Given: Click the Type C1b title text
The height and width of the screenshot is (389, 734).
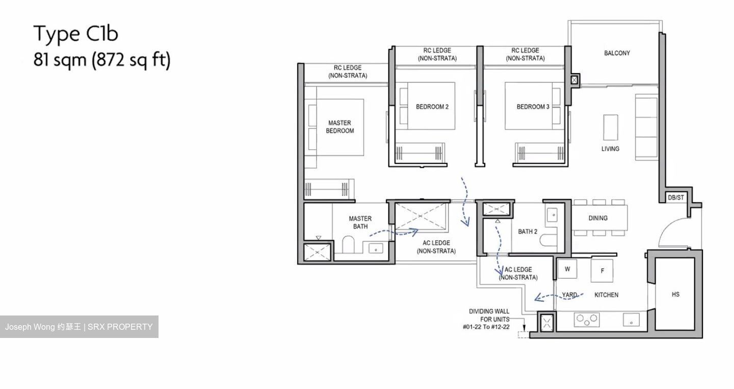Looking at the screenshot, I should coord(76,34).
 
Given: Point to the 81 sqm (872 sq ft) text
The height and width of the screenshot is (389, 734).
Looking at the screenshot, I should coord(101,60).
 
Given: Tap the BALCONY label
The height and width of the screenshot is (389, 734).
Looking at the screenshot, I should coord(617,53).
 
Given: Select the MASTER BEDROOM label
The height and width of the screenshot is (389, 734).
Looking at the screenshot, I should coord(339,127).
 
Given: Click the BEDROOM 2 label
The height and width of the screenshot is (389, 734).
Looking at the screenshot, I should coord(432,107).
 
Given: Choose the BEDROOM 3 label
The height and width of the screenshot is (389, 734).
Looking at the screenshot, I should coord(533,107).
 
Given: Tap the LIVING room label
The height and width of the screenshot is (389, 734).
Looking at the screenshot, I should coord(610,149).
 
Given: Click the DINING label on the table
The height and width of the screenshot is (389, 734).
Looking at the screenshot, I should coord(598,218).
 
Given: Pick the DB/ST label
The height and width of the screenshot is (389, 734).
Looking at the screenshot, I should coord(676,198).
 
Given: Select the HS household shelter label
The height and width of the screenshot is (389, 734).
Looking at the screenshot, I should coord(675,294).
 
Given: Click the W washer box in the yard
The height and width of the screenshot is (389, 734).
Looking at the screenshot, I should coord(567,269).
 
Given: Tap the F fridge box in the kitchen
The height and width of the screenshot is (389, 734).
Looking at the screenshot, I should coord(602,271).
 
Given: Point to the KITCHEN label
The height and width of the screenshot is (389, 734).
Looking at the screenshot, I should coord(607,295).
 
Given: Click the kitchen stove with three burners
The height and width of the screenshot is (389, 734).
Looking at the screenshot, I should coord(586,320).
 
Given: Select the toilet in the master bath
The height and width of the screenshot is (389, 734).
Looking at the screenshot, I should coord(348,246).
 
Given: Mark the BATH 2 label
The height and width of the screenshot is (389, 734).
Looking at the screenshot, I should coord(528,231).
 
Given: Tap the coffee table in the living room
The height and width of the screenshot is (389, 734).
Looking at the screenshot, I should coord(610,127).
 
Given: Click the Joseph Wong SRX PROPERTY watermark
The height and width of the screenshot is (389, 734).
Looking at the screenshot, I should coord(79,327).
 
